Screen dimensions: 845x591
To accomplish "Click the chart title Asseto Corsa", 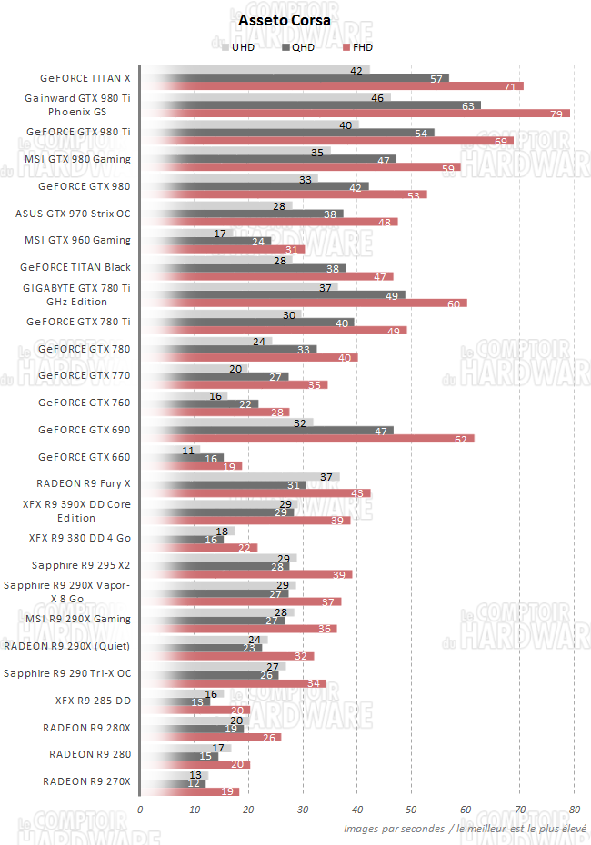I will (285, 19).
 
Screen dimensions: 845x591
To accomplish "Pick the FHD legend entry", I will (361, 47).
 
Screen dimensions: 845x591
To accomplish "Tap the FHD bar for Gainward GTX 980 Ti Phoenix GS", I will (355, 114).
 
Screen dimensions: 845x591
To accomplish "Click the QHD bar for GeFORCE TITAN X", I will (295, 78).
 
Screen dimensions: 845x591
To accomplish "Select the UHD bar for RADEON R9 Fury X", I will (240, 477).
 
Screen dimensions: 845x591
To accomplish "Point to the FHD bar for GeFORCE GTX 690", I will (307, 439).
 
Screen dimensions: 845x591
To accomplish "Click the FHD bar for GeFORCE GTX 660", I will (191, 466).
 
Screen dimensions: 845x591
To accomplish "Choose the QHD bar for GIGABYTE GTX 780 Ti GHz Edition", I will (273, 295).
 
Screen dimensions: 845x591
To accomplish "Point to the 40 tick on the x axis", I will (356, 809).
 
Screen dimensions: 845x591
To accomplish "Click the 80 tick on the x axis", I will (574, 809).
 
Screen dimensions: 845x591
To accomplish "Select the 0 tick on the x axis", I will (140, 809).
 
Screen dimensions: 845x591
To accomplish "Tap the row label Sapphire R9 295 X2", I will (81, 565).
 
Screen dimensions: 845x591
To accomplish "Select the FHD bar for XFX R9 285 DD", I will (195, 711).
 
